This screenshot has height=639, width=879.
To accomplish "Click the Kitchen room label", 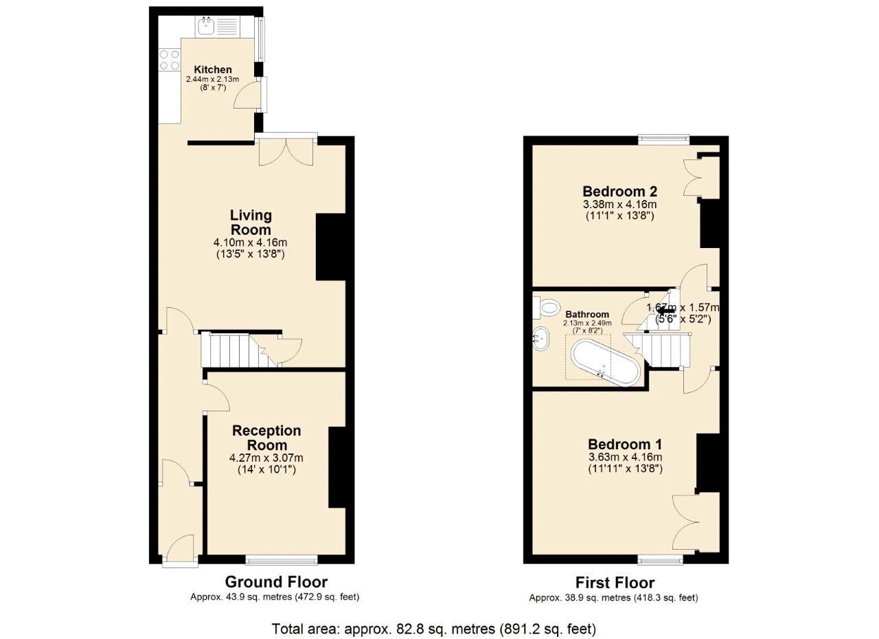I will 212,70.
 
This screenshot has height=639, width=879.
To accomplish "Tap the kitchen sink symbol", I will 217,27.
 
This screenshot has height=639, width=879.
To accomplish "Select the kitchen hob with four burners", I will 169,60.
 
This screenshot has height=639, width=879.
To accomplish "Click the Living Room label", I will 250,223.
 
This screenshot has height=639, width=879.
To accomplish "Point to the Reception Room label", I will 266,438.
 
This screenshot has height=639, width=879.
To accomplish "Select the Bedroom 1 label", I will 625,445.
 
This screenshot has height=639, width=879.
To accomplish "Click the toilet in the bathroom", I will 547,307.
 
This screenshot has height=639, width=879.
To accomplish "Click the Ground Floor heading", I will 276,582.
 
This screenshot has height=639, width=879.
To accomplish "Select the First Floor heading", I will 615,583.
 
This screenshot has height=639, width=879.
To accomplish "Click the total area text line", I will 434,629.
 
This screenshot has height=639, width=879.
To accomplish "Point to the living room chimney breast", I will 330,247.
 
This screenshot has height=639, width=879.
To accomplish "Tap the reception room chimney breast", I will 336,467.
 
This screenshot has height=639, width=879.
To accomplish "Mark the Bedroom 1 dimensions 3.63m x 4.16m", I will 625,458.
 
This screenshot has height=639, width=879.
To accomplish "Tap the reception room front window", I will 282,559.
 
